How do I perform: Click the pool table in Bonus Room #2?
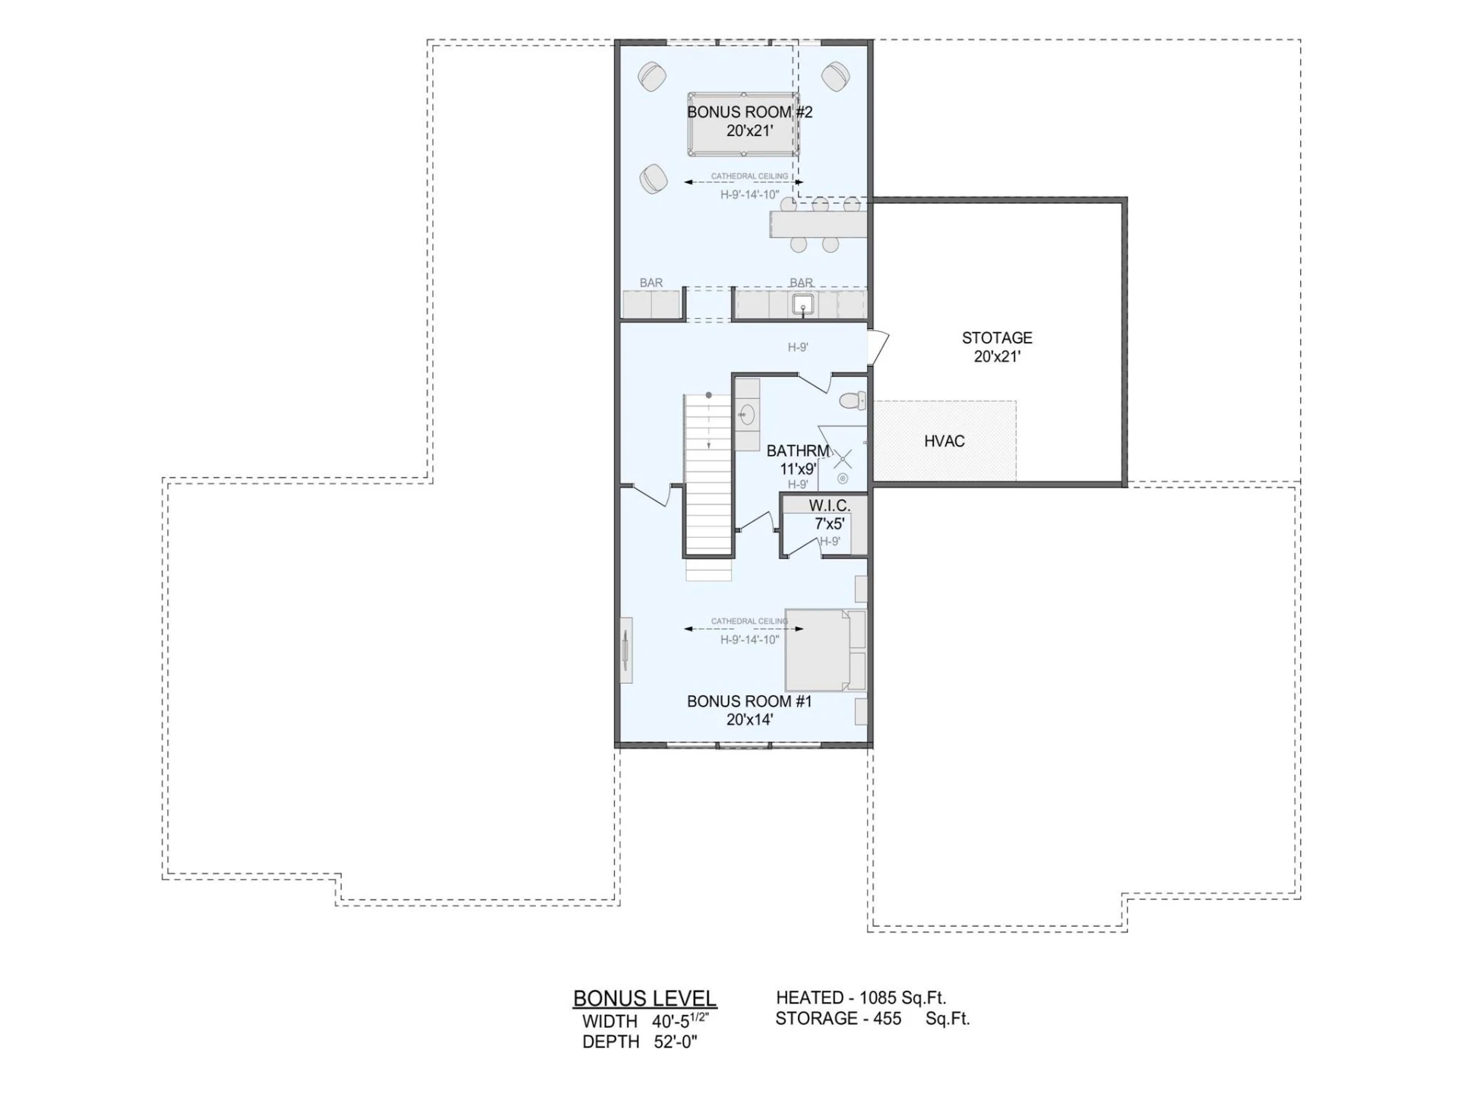[x=743, y=125]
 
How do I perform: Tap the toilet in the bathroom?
[x=853, y=400]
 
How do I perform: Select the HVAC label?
[x=945, y=441]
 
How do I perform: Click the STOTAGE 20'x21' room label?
[x=997, y=347]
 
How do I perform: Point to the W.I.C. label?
[x=829, y=505]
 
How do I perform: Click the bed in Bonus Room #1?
[x=825, y=650]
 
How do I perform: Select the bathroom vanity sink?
[x=747, y=415]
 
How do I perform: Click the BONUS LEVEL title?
[x=644, y=998]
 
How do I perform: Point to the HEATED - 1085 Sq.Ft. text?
[x=861, y=998]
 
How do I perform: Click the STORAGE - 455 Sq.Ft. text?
[x=872, y=1019]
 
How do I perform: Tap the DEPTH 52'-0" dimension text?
[x=640, y=1042]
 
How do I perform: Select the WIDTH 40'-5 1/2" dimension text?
[x=646, y=1020]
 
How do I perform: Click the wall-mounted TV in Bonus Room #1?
[x=626, y=650]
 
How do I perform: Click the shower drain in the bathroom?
[x=843, y=479]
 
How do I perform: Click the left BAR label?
[x=651, y=283]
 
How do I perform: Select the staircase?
[x=708, y=486]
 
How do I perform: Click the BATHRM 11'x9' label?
[x=798, y=460]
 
